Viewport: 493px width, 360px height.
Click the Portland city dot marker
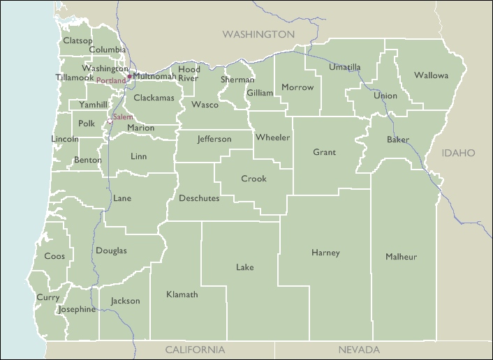click(129, 76)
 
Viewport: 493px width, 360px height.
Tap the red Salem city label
click(122, 117)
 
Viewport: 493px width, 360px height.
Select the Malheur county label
click(401, 257)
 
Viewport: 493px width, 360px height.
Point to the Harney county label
click(325, 253)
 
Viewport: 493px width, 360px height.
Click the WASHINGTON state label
click(258, 34)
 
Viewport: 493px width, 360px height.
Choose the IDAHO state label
click(458, 152)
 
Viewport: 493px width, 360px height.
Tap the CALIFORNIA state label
click(195, 350)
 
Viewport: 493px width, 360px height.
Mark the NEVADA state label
click(358, 350)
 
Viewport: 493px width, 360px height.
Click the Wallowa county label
click(431, 75)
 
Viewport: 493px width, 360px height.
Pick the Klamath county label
click(182, 294)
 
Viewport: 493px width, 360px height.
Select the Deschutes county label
click(199, 198)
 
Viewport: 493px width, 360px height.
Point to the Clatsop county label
click(77, 40)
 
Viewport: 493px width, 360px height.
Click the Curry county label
click(48, 297)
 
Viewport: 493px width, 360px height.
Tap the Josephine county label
click(77, 309)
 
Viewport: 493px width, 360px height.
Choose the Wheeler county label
click(272, 137)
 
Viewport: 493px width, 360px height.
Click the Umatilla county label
click(345, 67)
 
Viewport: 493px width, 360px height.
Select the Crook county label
click(253, 179)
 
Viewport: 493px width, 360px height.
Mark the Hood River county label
click(189, 73)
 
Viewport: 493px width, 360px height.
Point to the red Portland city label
click(111, 81)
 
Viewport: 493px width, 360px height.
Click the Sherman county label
click(237, 80)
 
